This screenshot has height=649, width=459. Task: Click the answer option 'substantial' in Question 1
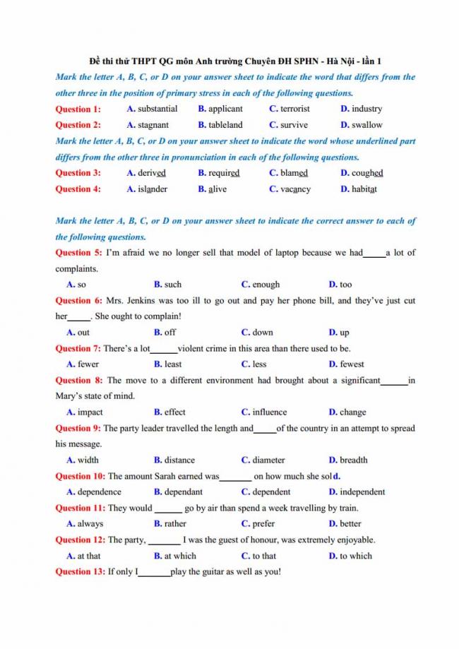click(157, 109)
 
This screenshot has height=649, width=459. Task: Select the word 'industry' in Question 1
click(366, 109)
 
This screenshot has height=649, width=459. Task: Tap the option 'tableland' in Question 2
click(225, 125)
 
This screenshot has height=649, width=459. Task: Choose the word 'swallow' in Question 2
click(367, 125)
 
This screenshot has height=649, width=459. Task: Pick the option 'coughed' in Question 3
click(367, 173)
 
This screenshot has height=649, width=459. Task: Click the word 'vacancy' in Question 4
click(295, 189)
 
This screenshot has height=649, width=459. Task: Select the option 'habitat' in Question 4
click(364, 189)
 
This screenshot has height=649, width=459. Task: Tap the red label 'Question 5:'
click(78, 253)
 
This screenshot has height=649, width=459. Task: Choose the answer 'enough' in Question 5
click(266, 285)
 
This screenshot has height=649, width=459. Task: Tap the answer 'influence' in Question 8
click(270, 412)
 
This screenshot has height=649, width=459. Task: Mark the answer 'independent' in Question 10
click(362, 492)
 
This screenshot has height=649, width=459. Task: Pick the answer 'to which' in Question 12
click(356, 556)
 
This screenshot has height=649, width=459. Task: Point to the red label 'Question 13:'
click(81, 572)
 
